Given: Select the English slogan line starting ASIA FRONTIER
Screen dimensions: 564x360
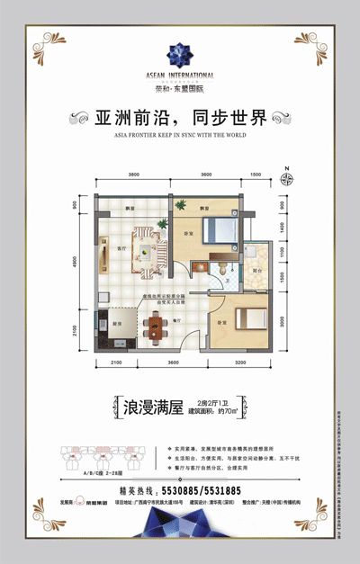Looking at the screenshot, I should [x=180, y=139].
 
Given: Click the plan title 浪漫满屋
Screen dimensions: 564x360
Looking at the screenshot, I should [x=151, y=407].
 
